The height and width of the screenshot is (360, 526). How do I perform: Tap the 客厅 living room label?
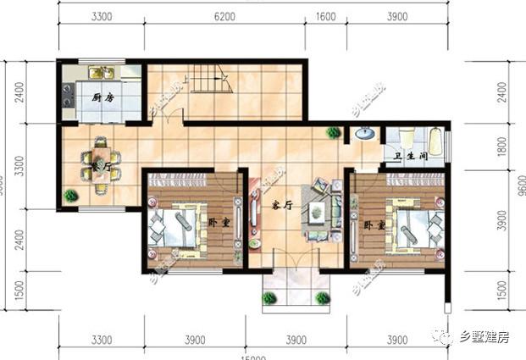pyautogui.click(x=282, y=206)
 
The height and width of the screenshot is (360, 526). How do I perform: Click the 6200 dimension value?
pyautogui.click(x=224, y=17)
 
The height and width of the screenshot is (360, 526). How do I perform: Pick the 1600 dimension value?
pyautogui.click(x=325, y=17)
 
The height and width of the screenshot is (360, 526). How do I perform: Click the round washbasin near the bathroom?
pyautogui.click(x=365, y=133)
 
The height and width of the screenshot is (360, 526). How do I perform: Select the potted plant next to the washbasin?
pyautogui.click(x=335, y=132)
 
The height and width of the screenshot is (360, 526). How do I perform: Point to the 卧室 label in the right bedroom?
pyautogui.click(x=374, y=226)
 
